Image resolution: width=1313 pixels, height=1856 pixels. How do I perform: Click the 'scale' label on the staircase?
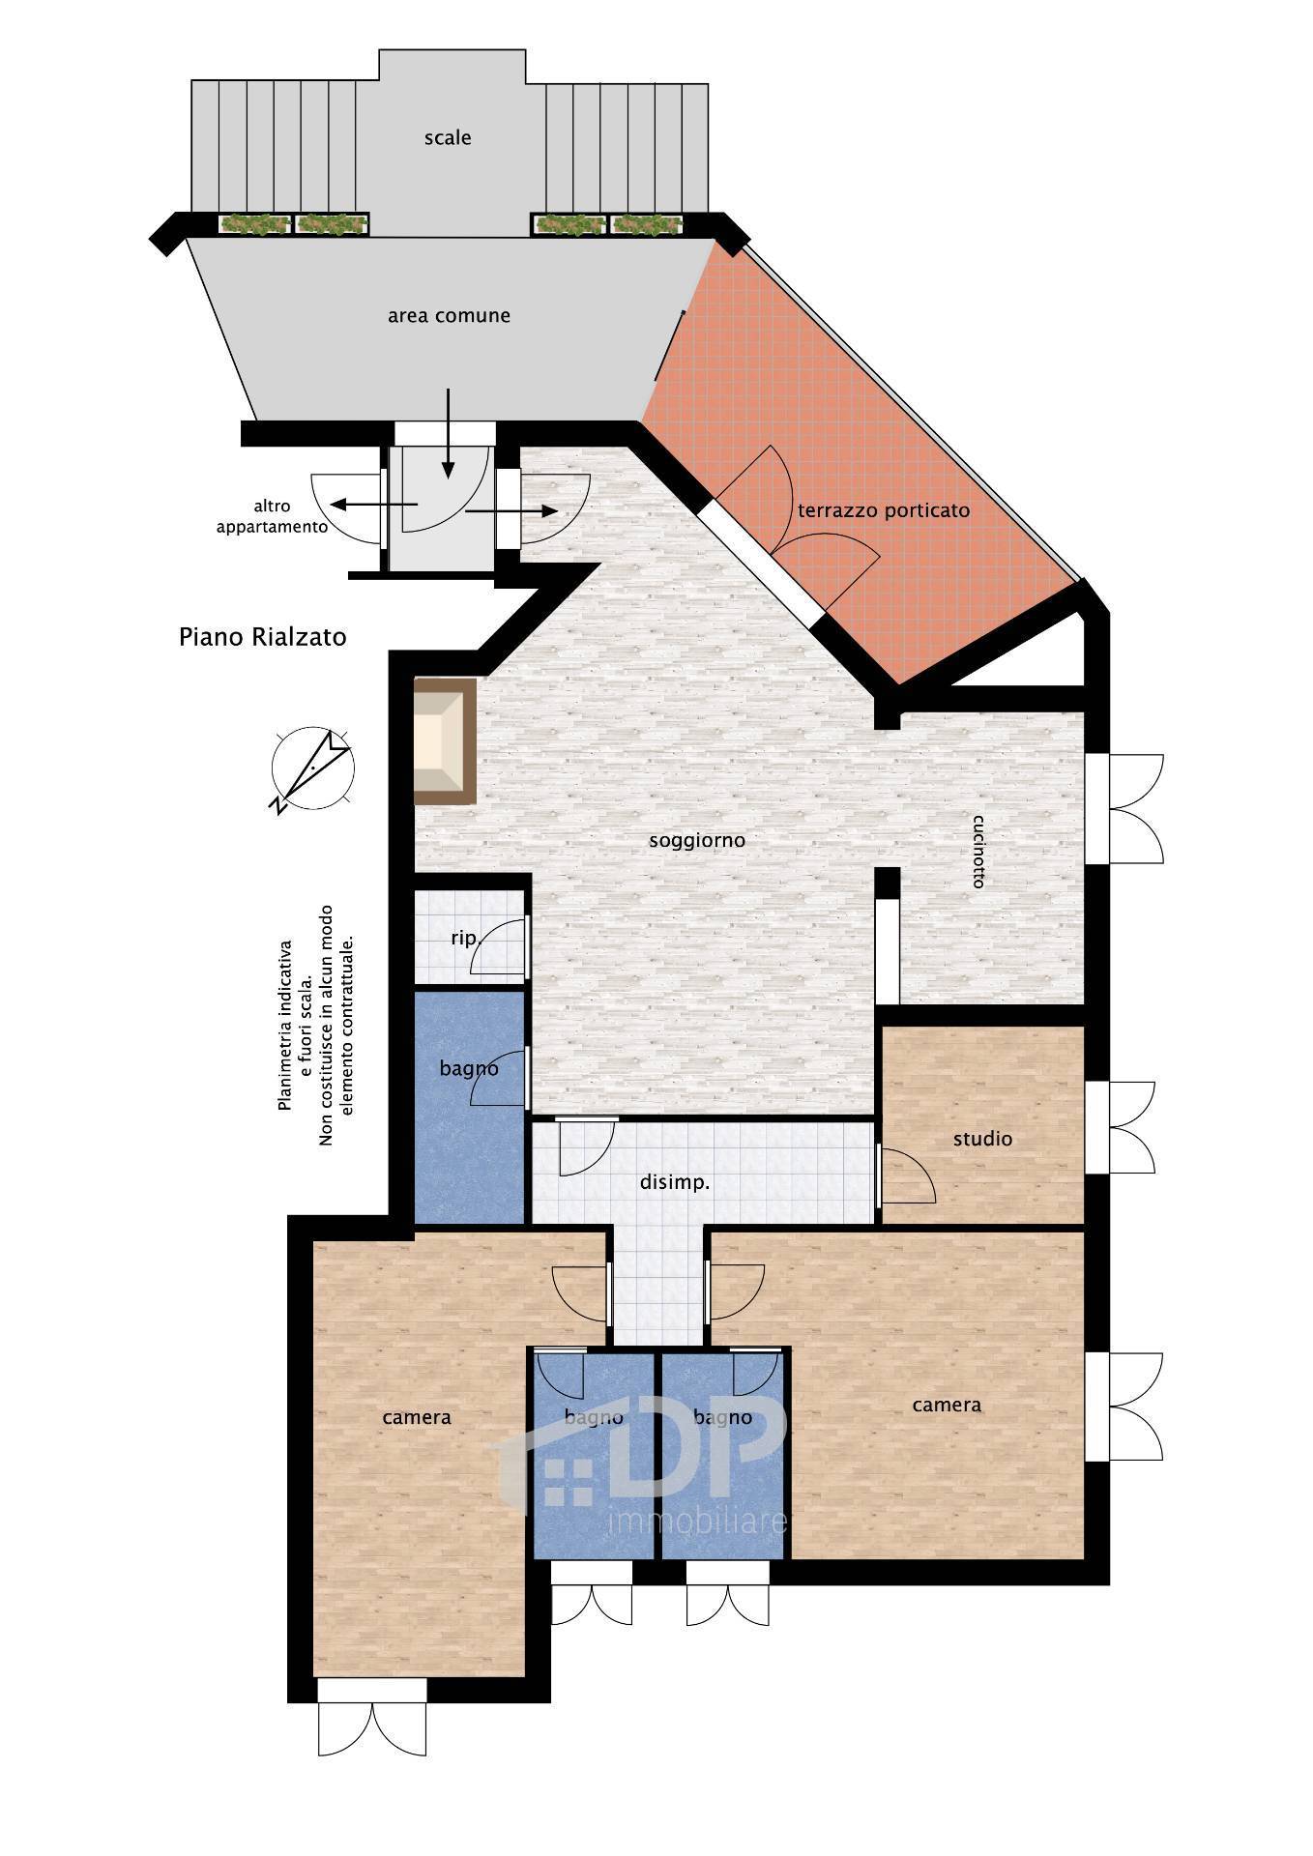coord(448,138)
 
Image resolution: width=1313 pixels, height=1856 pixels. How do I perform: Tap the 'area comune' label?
coord(449,316)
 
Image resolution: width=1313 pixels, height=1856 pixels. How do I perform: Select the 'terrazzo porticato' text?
coord(883,510)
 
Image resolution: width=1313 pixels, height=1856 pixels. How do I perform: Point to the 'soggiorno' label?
coord(697,841)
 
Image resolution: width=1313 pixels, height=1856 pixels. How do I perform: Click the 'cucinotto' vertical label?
coord(978,852)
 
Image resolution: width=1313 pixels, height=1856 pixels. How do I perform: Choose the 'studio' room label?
coord(982,1139)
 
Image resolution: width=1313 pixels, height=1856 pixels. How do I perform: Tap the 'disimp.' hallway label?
coord(675,1182)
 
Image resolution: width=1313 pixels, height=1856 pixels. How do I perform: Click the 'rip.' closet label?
coord(465,938)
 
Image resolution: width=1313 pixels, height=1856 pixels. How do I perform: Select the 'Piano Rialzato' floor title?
coord(263,637)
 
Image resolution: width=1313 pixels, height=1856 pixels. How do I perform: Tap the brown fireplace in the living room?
coord(445,741)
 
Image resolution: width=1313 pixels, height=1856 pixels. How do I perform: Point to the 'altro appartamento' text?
coord(272,516)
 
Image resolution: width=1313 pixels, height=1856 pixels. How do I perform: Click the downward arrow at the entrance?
coord(448,433)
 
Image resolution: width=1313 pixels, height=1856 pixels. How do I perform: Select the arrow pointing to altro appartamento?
coord(372,504)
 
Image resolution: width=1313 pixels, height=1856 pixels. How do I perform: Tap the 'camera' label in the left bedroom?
coord(417,1418)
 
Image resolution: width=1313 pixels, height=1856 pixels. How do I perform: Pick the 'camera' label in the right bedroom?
coord(947,1406)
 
